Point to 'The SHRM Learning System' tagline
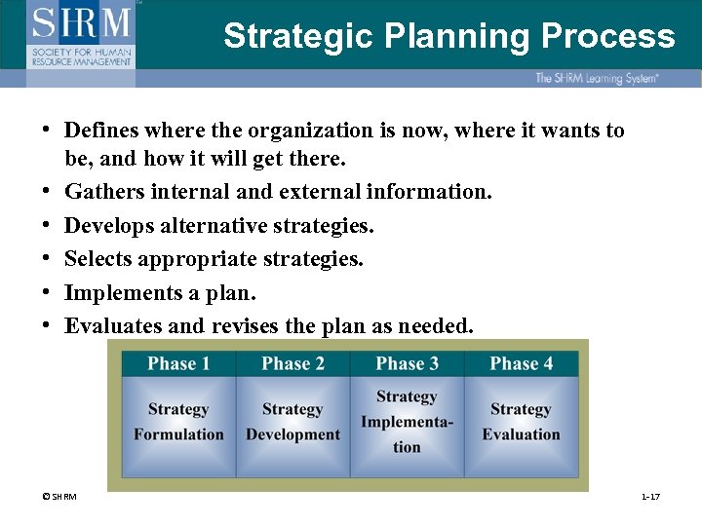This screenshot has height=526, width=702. click(596, 78)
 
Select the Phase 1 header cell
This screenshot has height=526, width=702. click(178, 364)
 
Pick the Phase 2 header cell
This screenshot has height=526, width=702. click(292, 364)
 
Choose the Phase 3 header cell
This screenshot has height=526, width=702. click(407, 364)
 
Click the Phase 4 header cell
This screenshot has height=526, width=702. click(521, 364)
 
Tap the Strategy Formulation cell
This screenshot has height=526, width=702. click(178, 422)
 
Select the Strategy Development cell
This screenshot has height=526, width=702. click(292, 422)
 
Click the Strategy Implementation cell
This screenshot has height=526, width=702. click(407, 422)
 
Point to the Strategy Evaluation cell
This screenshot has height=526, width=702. click(521, 422)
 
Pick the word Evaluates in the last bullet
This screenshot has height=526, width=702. click(107, 326)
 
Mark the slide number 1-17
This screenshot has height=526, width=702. click(650, 498)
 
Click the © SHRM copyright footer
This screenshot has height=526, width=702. click(59, 498)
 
